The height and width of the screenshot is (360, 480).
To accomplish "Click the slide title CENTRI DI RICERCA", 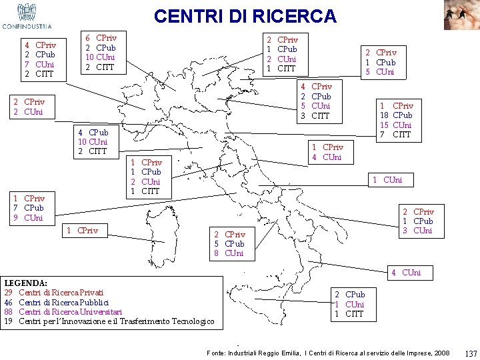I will point(245,15).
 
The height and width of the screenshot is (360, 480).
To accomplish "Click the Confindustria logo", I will point(27,17).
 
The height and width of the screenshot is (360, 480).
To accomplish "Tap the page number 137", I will point(471,353).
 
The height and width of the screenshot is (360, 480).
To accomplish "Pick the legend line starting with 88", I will point(63,312).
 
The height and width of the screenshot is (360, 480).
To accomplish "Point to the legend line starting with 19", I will point(109,322).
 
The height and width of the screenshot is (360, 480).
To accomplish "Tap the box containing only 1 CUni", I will point(391,179).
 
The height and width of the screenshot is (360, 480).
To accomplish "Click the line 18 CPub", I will point(396,115).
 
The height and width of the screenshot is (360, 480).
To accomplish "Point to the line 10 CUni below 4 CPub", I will point(93,141).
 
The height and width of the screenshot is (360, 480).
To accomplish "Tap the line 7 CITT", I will point(396,135).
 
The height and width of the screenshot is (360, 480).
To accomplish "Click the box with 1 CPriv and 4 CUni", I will point(327,152).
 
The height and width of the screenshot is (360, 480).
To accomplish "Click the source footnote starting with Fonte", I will point(328,353).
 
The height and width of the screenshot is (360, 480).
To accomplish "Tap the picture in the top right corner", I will point(461,15).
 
